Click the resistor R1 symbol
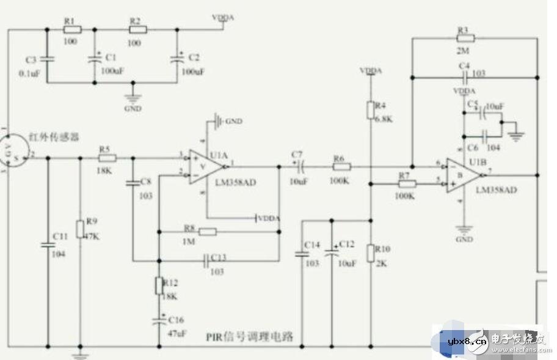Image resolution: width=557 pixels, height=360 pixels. (x=71, y=28)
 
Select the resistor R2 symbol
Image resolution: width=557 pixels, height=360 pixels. (x=137, y=28)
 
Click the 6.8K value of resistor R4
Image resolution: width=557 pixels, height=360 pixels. (x=384, y=119)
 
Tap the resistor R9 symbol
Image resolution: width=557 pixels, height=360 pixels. (x=80, y=229)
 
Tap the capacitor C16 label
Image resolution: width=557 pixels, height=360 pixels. (x=176, y=320)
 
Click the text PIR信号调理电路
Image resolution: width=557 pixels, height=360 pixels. (x=250, y=337)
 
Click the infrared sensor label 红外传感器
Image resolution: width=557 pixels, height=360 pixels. (x=54, y=136)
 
